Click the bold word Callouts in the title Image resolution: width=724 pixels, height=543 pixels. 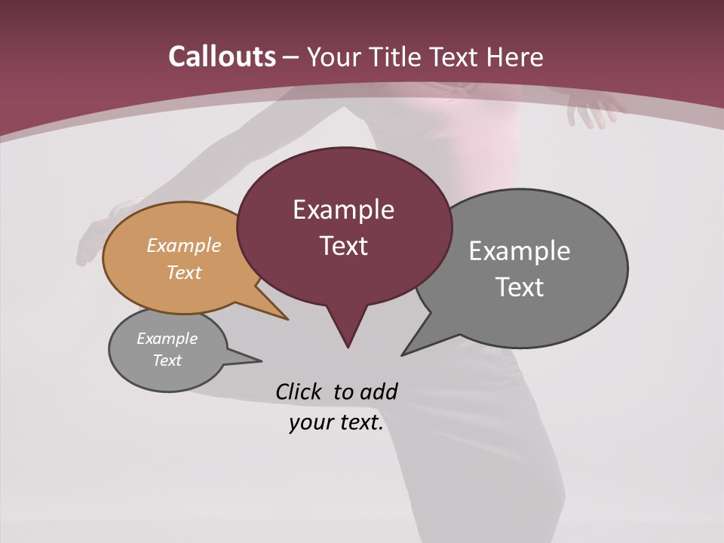click(x=222, y=57)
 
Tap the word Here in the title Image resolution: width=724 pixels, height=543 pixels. click(x=515, y=57)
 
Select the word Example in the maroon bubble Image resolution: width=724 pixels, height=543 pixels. click(x=343, y=209)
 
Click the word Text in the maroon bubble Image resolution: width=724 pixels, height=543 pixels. click(x=343, y=246)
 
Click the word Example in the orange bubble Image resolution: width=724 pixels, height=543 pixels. click(x=184, y=245)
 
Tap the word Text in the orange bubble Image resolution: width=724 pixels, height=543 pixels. click(x=184, y=272)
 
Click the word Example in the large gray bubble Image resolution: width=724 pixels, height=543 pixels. click(x=520, y=251)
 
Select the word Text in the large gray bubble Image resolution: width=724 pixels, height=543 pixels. click(x=520, y=287)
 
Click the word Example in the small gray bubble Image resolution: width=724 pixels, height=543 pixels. click(x=167, y=339)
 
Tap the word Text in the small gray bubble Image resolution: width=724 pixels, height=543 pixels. click(x=167, y=360)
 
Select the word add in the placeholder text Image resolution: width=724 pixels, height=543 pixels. click(x=378, y=391)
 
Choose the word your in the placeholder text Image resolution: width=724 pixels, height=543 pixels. click(x=310, y=423)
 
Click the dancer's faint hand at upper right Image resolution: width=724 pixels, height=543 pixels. click(x=592, y=109)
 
